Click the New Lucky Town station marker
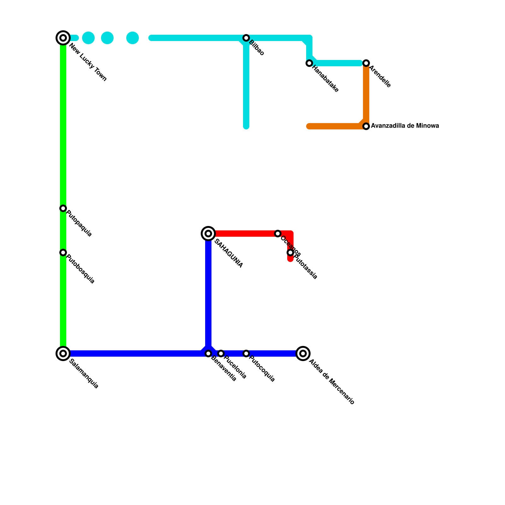coord(63,38)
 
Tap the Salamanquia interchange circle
coord(63,353)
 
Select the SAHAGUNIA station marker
coord(208,234)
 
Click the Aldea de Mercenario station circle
coord(303,353)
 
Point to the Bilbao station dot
coord(246,38)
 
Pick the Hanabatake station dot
coord(309,63)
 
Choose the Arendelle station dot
coord(366,63)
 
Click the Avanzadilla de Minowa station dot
coord(366,126)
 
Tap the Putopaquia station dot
coord(63,208)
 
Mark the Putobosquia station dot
coord(63,252)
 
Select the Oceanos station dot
coord(278,234)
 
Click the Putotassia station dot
coord(290,252)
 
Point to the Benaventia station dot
coord(208,353)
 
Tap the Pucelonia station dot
coord(221,353)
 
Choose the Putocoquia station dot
coord(246,353)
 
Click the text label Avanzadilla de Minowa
coord(405,126)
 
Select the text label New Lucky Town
coord(88,62)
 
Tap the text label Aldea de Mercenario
coord(332,382)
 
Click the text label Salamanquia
coord(84,374)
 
